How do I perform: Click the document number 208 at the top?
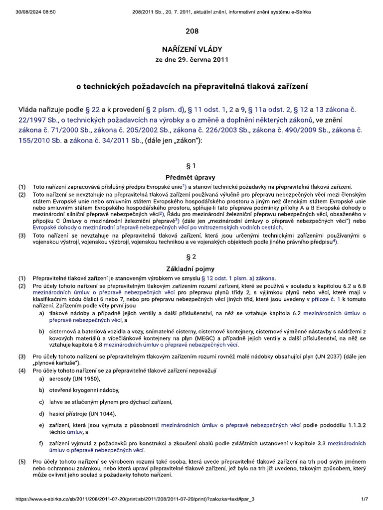pos(192,31)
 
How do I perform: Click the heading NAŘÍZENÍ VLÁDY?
pos(192,49)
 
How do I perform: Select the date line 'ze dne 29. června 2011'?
pos(192,60)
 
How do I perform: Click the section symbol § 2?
pos(192,257)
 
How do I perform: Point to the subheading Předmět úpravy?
pos(192,177)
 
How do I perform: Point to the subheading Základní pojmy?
pos(192,268)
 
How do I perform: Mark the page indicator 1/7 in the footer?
pos(365,499)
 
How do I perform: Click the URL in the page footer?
pos(135,499)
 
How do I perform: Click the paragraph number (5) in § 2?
pos(21,462)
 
